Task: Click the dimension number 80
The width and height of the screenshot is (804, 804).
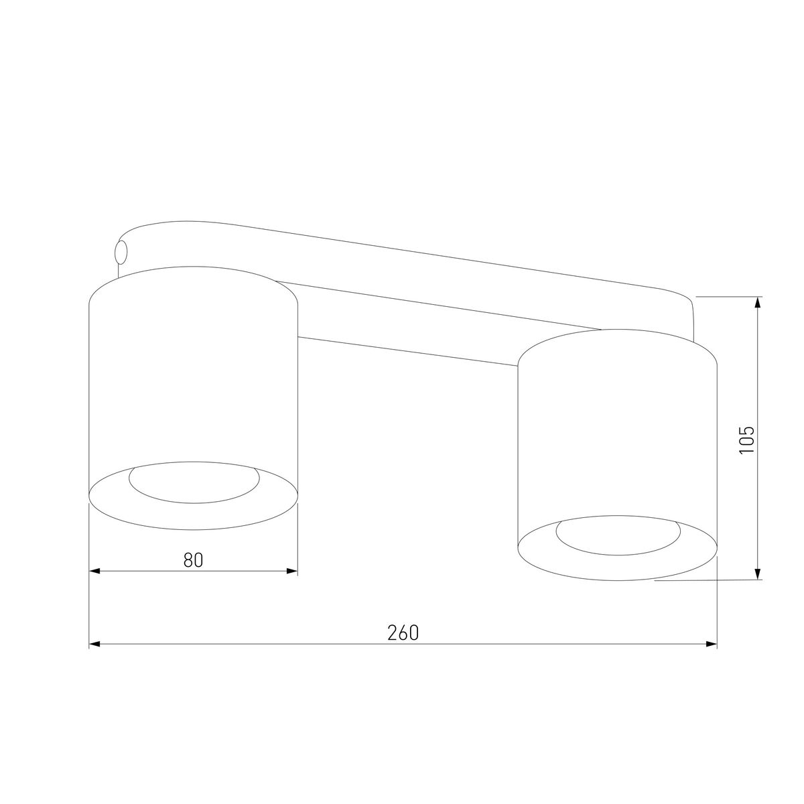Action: pos(193,560)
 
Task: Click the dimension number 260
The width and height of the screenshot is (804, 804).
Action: pos(403,633)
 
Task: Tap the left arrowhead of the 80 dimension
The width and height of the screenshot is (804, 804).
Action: pos(94,571)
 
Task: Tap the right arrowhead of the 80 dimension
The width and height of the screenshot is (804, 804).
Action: pos(293,571)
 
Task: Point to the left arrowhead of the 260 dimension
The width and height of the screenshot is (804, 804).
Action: pos(94,644)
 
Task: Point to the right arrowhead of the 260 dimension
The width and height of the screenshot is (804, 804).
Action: pos(712,644)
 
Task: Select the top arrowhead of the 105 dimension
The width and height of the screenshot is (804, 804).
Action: pos(758,302)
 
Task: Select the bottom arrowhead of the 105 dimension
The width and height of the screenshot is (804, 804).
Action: pos(758,574)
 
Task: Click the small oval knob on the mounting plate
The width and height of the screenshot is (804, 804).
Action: pos(121,252)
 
